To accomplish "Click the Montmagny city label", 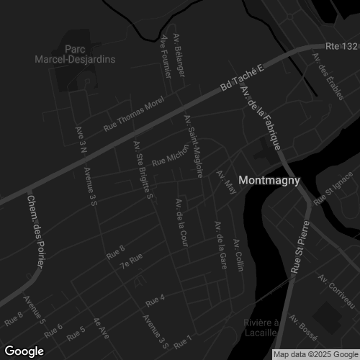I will [268, 181].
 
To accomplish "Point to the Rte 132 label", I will [341, 47].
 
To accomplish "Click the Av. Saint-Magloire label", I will [194, 145].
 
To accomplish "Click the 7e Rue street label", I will [131, 260].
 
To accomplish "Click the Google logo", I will [24, 351].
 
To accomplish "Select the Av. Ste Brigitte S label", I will [142, 170].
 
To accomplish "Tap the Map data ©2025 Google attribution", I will [315, 354].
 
